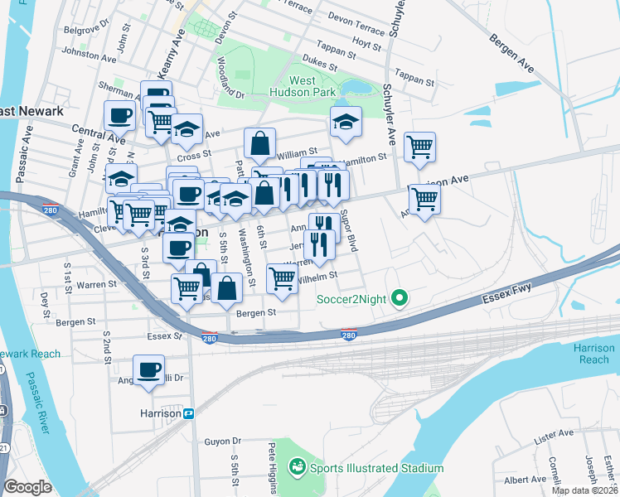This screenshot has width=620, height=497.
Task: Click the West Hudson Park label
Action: coord(312,86)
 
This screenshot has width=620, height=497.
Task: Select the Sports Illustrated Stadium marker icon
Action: coord(296,468)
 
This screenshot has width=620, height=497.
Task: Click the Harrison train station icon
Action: coord(189,413)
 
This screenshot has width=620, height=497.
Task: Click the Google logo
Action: coord(27,486)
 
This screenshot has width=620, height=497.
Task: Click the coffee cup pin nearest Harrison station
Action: coord(149,369)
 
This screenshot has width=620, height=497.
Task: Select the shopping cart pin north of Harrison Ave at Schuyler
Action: coord(420,147)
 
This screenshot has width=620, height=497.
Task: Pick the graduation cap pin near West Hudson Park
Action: coord(346,121)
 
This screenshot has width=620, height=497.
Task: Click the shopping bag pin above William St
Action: coord(259,142)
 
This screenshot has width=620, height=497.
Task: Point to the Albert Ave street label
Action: coord(525,480)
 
